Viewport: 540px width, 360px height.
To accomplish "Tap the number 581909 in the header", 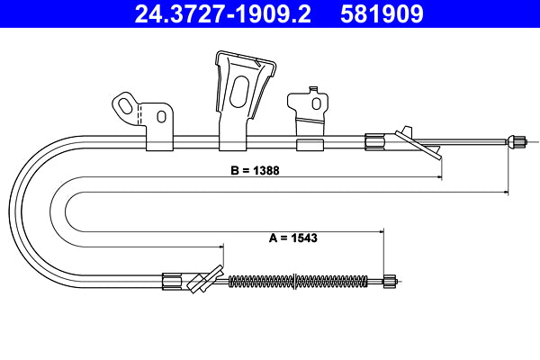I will pyautogui.click(x=379, y=14).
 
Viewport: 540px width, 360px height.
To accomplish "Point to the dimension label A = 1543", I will pyautogui.click(x=292, y=238).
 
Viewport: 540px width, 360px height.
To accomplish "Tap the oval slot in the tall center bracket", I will pyautogui.click(x=240, y=94).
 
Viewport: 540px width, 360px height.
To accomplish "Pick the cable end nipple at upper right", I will pyautogui.click(x=517, y=140).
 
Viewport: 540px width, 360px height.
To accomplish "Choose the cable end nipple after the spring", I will pyautogui.click(x=388, y=281).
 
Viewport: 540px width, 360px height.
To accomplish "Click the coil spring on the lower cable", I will pyautogui.click(x=297, y=281).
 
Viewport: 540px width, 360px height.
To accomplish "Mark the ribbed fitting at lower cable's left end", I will pyautogui.click(x=171, y=281).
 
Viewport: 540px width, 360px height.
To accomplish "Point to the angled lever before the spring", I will pyautogui.click(x=206, y=280).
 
